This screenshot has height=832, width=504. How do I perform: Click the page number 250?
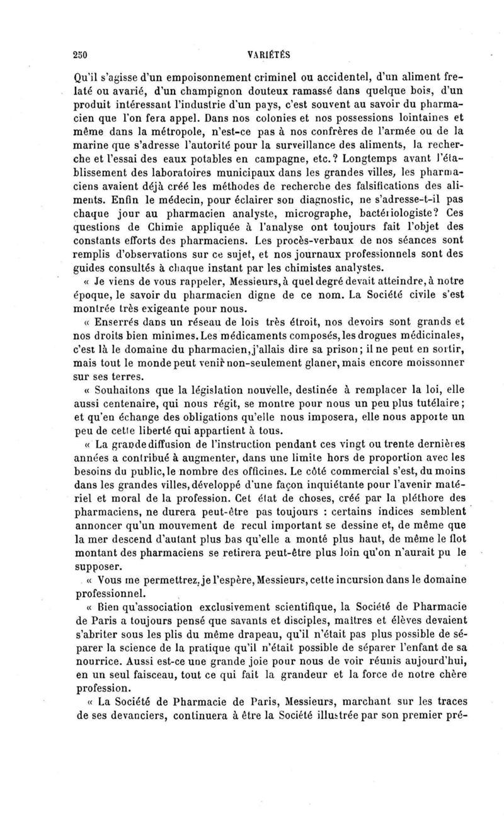coord(79,54)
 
